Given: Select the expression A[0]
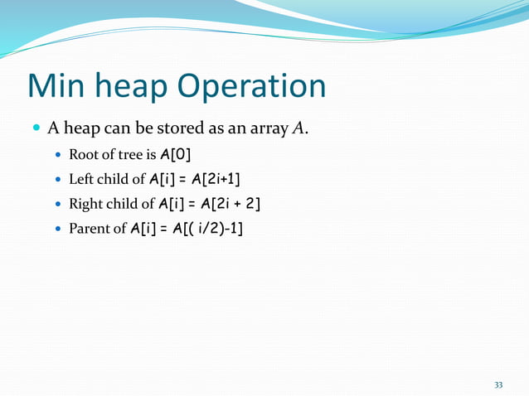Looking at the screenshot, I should click(x=182, y=154).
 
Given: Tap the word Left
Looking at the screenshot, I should click(x=81, y=179).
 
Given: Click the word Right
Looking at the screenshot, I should click(x=85, y=204).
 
